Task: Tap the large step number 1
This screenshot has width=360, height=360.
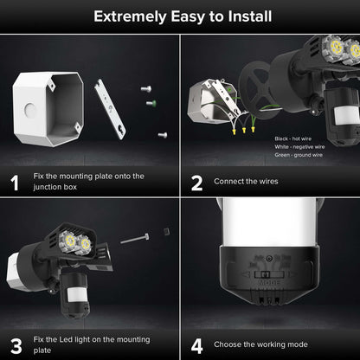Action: pos(15,183)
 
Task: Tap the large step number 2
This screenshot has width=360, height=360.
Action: pos(196,183)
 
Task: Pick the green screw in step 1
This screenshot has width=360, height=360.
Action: pos(151,104)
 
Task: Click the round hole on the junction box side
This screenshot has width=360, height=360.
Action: pos(29,110)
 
